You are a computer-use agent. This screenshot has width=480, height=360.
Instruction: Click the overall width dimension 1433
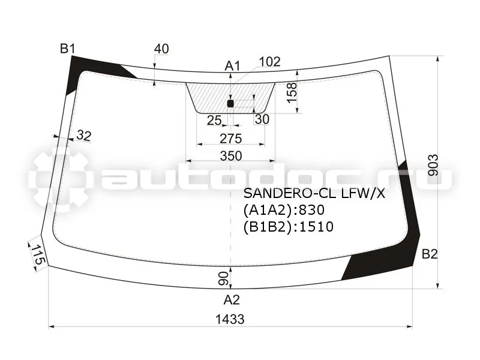tap(230, 319)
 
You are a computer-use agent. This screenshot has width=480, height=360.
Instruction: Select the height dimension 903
tap(433, 166)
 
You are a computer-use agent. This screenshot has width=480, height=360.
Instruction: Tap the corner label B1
tap(67, 49)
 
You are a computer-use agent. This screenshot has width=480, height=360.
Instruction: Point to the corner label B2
tap(430, 254)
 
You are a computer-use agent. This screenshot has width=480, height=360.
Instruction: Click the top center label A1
tap(233, 65)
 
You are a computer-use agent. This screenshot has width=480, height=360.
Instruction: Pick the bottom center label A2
tap(232, 299)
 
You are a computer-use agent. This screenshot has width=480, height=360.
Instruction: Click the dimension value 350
tap(231, 156)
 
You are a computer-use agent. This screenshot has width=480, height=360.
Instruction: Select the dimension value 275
tap(231, 139)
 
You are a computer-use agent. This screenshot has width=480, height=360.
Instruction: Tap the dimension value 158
tap(292, 93)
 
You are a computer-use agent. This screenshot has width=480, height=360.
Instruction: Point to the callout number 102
tap(269, 62)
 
